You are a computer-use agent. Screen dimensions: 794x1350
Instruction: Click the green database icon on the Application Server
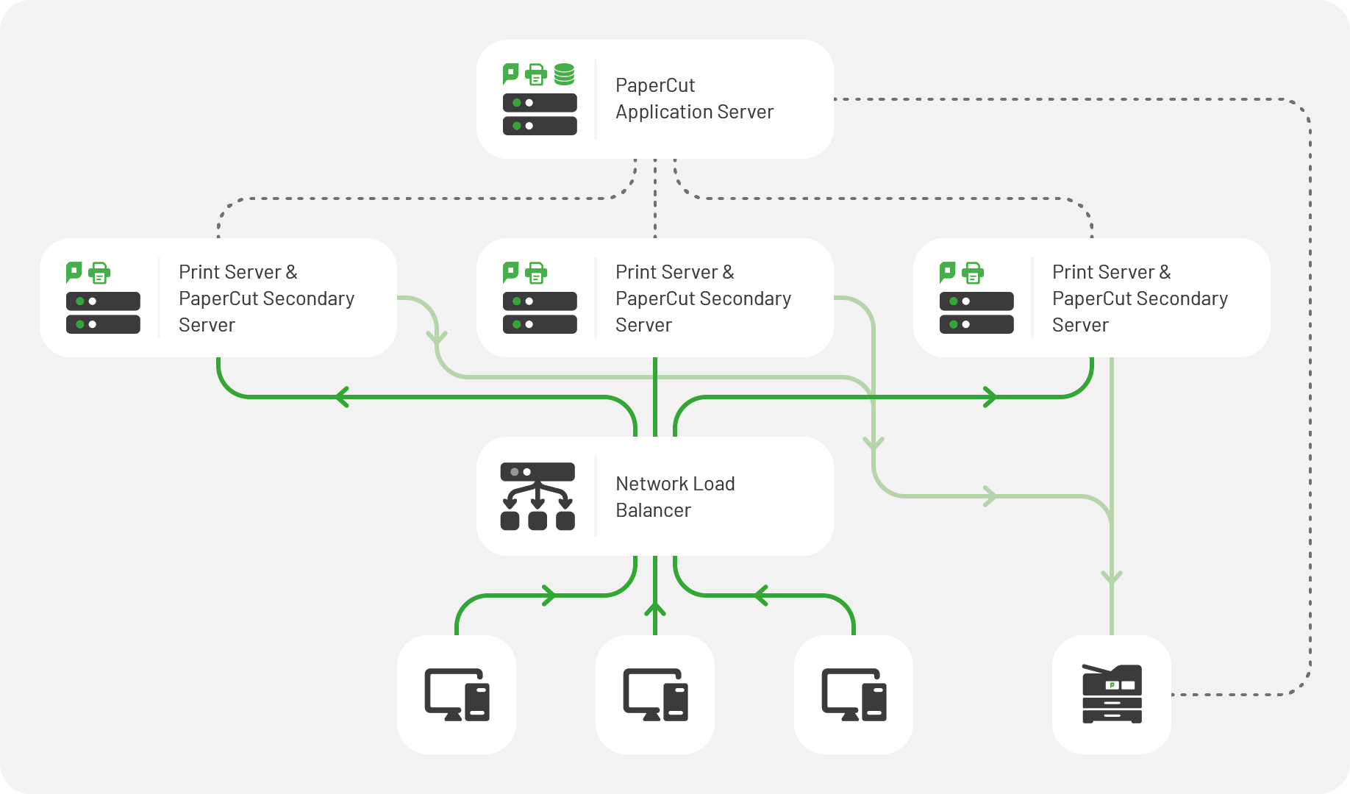564,74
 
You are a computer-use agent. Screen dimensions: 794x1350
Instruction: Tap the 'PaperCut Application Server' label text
693,99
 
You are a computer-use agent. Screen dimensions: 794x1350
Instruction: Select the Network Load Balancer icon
537,496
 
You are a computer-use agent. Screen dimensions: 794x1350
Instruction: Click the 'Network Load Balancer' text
674,497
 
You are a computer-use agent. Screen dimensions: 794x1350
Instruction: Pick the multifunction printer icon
1112,694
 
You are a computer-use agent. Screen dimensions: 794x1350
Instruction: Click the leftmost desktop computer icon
457,694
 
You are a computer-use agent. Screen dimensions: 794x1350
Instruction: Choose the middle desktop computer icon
655,694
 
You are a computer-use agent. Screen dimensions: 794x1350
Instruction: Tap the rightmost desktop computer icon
854,694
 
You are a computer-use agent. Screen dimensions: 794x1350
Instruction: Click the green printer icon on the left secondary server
99,273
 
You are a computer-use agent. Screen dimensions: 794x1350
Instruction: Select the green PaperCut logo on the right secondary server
948,272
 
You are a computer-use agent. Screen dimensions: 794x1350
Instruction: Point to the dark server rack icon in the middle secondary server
540,312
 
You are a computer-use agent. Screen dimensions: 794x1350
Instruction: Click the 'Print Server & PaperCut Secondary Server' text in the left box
266,298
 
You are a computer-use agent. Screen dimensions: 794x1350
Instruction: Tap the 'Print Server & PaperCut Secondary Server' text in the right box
1139,298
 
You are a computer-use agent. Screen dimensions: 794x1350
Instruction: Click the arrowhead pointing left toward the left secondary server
341,397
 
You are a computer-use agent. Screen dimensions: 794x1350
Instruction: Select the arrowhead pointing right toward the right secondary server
990,397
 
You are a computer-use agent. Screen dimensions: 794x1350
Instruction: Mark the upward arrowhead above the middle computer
655,609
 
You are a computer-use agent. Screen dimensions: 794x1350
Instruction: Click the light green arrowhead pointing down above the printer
1112,578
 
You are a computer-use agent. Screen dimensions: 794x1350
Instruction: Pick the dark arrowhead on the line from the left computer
549,595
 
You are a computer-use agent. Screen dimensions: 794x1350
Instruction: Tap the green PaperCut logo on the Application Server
510,74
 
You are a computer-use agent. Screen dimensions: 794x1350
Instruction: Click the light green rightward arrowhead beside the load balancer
990,496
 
